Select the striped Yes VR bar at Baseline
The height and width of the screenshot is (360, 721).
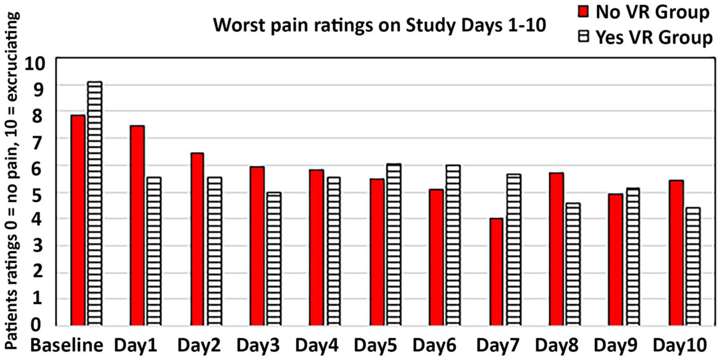[95, 203]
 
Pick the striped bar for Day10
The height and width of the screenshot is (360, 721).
[693, 266]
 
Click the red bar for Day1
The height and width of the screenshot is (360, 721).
[137, 225]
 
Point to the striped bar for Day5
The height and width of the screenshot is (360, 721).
[394, 244]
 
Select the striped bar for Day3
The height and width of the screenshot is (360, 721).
[274, 259]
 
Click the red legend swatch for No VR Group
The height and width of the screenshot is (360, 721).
[583, 12]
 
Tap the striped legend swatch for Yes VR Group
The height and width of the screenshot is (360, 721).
[583, 37]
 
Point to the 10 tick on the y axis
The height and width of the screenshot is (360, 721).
[35, 64]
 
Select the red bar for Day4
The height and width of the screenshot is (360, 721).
[317, 247]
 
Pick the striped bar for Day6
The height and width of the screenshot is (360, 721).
[453, 245]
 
